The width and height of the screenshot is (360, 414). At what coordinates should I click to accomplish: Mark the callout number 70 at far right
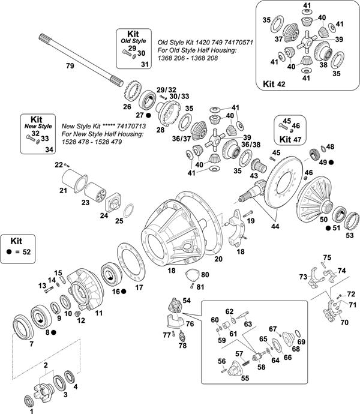pos(344,322)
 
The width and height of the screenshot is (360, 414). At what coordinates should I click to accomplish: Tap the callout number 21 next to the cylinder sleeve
pos(62,190)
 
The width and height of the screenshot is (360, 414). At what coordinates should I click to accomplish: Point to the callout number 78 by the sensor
pos(182,346)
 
